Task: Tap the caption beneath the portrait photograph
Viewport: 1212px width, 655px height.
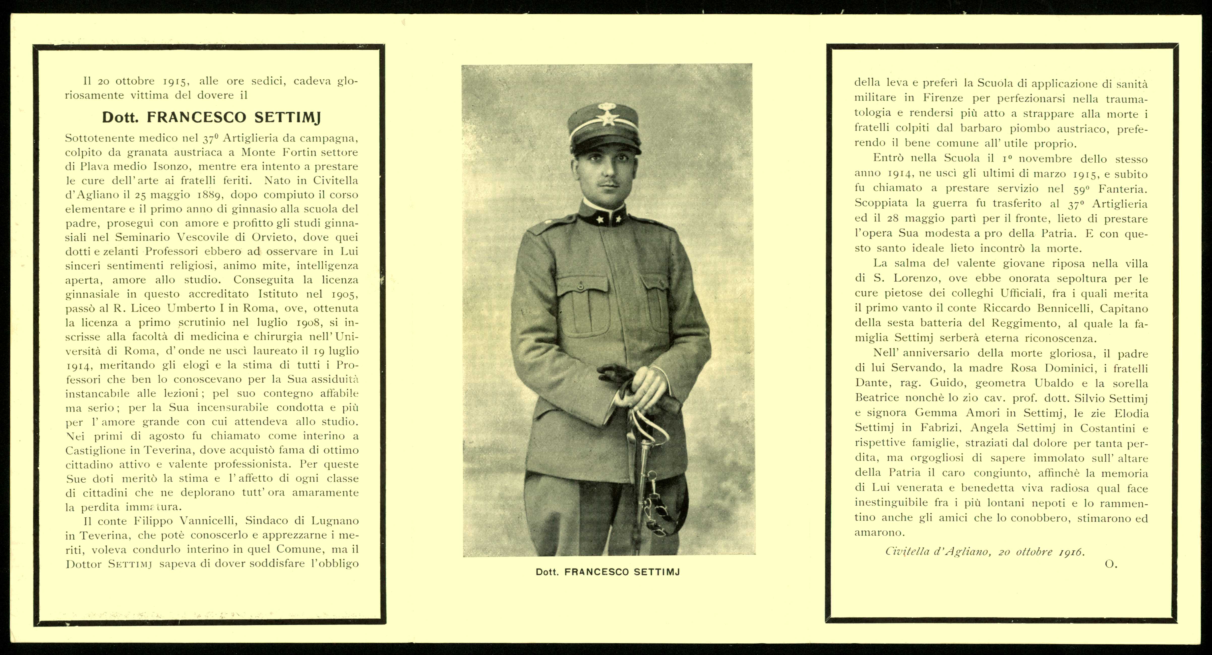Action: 608,572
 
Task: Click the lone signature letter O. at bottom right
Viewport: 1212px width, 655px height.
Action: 1111,564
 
